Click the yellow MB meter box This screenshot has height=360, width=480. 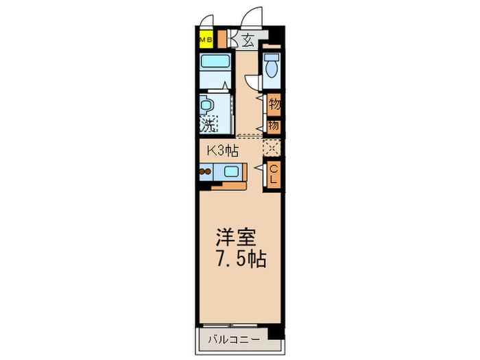pos(205,40)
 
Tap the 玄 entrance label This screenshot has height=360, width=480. pos(248,40)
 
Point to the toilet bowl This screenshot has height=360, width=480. pos(272,67)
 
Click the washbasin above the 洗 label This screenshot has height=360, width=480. pos(206,106)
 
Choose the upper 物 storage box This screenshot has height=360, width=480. pos(274,105)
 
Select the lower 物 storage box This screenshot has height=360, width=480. pos(274,125)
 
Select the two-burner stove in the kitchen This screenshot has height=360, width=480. pos(206,172)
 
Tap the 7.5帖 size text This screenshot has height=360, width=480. pos(239,261)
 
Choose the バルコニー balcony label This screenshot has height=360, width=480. pos(230,339)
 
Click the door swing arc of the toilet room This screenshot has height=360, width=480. pos(254,82)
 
